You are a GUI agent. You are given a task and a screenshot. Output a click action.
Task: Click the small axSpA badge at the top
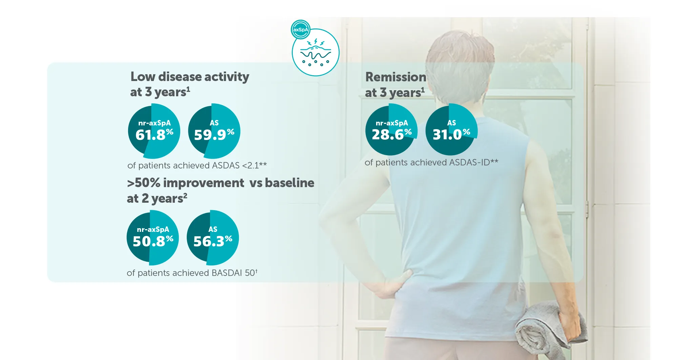click(301, 29)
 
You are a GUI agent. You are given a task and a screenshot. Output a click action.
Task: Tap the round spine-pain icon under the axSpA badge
click(315, 53)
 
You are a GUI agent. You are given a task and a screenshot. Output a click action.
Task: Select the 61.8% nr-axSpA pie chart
click(154, 131)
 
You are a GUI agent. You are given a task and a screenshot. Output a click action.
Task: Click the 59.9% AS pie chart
click(214, 131)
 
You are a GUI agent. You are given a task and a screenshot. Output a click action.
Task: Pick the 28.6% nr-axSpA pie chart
click(391, 129)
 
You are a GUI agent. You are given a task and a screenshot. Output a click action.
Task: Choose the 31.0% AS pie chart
click(451, 129)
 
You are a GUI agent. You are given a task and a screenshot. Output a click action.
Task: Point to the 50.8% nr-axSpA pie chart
click(153, 238)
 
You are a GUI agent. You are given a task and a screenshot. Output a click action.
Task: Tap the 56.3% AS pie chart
click(213, 238)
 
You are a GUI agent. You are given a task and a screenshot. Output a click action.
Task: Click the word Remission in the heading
click(396, 77)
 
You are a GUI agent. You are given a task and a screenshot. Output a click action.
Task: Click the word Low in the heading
click(143, 77)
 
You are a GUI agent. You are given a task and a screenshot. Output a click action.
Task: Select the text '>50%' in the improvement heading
click(144, 183)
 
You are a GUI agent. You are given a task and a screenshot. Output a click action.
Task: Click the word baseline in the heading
click(290, 183)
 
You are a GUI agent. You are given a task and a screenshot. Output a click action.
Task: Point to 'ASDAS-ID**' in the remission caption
click(474, 162)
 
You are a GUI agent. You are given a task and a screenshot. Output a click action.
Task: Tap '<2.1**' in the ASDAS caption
click(254, 165)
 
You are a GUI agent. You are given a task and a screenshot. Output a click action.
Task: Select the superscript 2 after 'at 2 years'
click(185, 195)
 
